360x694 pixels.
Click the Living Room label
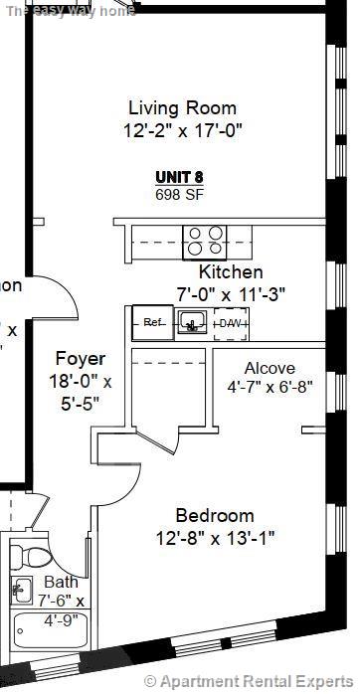pos(183,108)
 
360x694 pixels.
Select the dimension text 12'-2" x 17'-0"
pos(183,129)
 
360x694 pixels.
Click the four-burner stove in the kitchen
pos(204,242)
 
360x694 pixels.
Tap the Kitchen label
pos(231,272)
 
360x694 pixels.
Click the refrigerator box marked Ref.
pos(153,323)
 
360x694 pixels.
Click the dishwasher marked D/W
pos(231,323)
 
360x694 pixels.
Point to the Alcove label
pos(270,368)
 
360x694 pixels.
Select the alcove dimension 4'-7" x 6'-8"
pos(270,387)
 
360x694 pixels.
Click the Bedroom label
pos(215,516)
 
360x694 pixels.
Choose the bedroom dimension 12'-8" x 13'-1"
pos(215,537)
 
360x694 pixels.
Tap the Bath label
pos(61,583)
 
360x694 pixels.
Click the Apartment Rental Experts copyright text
pos(249,681)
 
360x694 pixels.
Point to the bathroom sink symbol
pos(21,589)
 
